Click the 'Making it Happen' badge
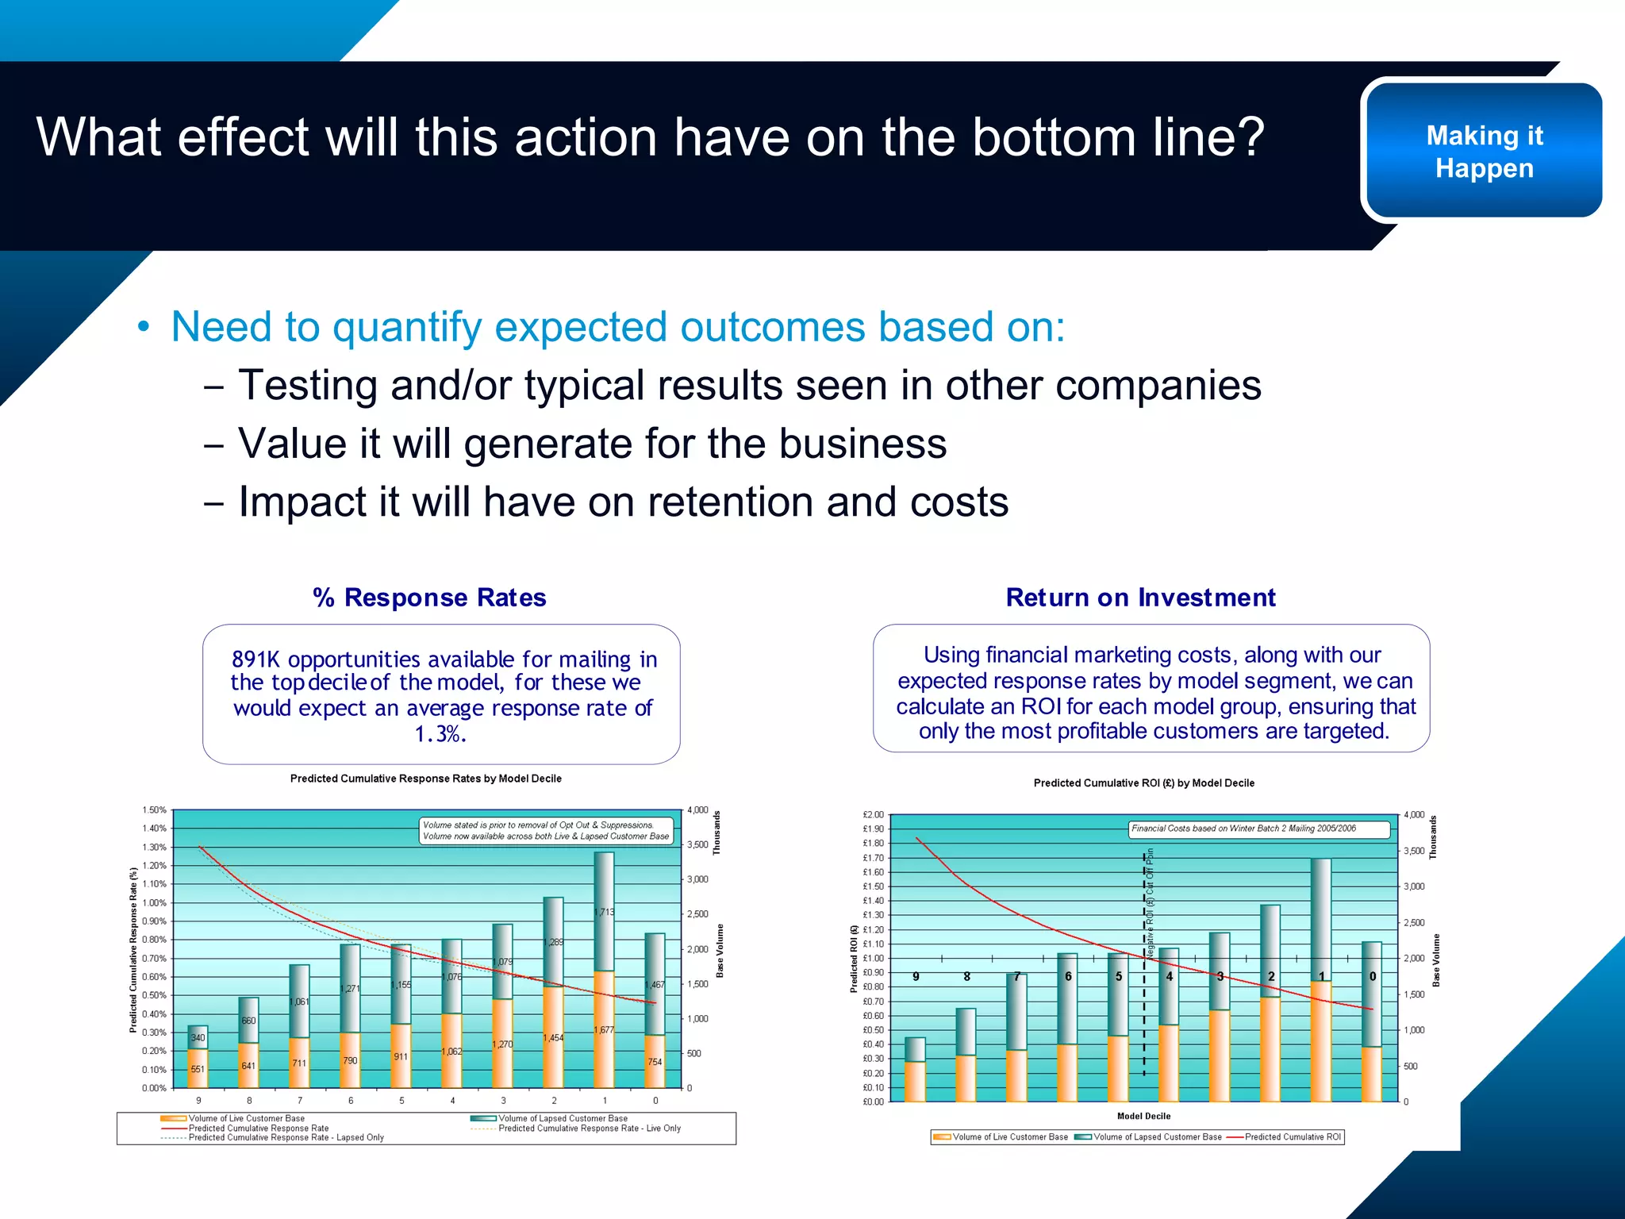[1484, 151]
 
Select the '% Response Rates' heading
[429, 597]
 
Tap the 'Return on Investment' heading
[1140, 597]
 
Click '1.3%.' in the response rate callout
[440, 734]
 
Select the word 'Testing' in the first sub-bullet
[308, 386]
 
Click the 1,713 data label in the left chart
[604, 912]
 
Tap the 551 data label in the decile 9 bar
[198, 1069]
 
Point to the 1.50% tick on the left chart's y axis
[154, 810]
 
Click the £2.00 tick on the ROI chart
[873, 815]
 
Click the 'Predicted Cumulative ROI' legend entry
[1292, 1137]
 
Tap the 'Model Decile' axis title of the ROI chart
[1143, 1116]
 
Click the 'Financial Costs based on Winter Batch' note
[1243, 829]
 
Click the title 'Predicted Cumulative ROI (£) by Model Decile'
[1143, 783]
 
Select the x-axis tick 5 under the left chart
[401, 1101]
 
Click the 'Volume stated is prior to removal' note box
[546, 830]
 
